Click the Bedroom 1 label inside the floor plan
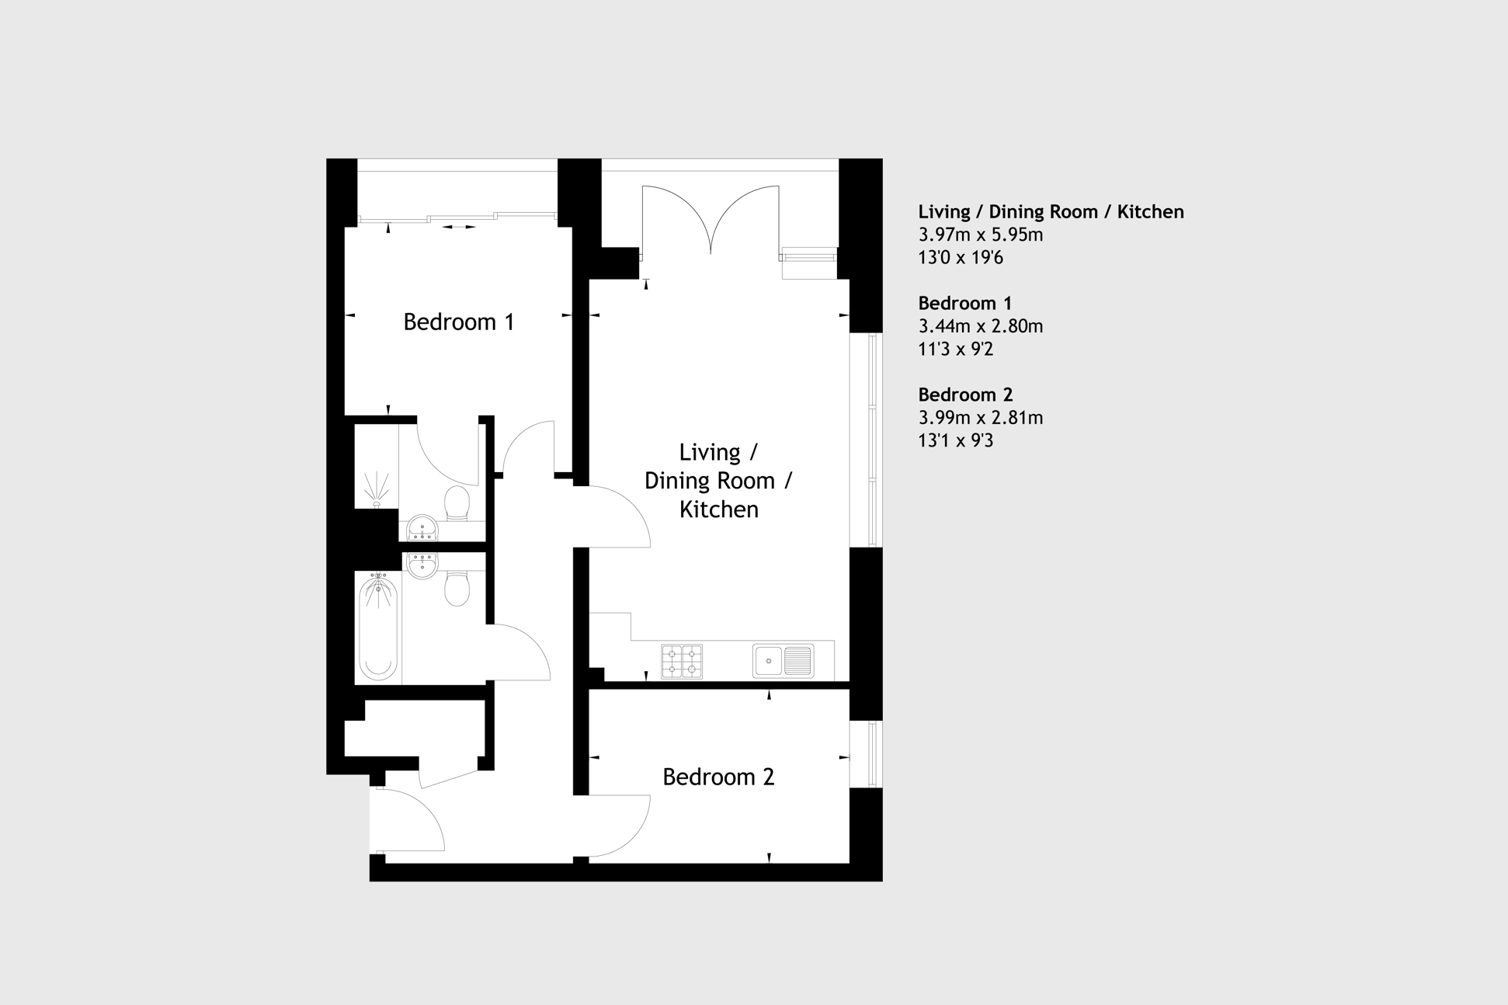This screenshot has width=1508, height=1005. [458, 322]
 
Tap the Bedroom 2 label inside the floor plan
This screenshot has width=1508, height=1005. [718, 777]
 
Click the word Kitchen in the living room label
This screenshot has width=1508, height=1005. [718, 509]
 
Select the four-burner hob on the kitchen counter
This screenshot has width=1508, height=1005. [682, 662]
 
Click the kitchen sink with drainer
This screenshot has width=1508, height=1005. [783, 661]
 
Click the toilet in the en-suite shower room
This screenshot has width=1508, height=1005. [457, 503]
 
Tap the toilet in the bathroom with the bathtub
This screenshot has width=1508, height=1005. [457, 589]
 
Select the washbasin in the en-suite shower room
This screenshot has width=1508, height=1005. [422, 528]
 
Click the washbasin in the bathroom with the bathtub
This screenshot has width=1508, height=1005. [422, 565]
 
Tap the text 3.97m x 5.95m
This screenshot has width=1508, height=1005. [980, 235]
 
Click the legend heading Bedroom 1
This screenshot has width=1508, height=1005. [964, 303]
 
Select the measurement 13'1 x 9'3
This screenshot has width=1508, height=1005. [955, 440]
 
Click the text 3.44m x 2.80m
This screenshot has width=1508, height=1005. [980, 326]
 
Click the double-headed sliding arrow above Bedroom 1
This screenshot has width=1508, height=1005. [459, 228]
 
